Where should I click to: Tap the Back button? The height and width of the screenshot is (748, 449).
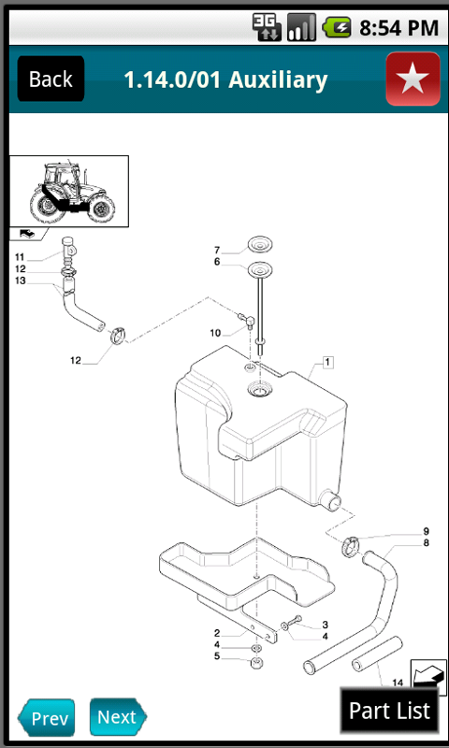51,79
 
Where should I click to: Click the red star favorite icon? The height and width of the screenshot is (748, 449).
413,79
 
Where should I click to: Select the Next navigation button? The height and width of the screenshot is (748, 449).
118,717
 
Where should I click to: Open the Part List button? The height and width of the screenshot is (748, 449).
389,711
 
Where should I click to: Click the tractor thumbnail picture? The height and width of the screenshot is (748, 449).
69,193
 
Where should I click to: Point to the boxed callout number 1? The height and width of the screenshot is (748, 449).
328,361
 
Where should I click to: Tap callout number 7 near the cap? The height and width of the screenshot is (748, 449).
217,250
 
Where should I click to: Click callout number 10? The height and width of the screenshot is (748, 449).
215,333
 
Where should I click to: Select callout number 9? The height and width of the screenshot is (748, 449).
426,531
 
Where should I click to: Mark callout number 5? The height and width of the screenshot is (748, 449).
217,656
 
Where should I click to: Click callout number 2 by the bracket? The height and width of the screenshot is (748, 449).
216,633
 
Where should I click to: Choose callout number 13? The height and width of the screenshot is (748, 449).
20,280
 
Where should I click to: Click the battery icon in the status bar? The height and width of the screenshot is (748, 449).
337,27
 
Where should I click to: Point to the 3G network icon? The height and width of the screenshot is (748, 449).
267,27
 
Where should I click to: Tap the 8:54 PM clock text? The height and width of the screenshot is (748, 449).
398,28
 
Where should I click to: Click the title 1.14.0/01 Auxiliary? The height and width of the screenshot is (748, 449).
225,79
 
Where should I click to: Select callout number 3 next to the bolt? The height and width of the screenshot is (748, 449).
325,625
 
